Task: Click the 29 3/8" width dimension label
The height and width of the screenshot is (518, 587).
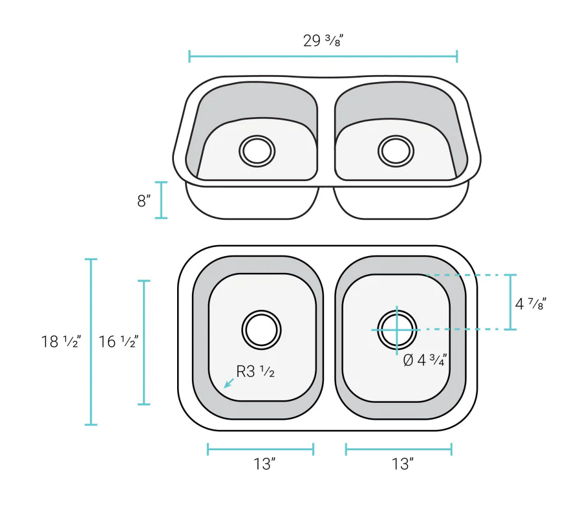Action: [323, 41]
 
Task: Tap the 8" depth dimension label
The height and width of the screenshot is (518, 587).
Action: [144, 200]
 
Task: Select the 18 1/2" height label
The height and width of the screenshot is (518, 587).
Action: [61, 341]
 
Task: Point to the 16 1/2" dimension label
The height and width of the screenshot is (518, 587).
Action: [118, 341]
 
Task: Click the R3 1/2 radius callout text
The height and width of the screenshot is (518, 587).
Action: [255, 372]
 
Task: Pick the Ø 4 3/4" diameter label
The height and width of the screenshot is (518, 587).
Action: [425, 360]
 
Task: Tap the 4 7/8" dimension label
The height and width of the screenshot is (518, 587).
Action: [531, 304]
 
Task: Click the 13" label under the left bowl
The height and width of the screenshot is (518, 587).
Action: [264, 464]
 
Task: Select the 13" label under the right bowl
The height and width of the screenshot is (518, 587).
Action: [403, 464]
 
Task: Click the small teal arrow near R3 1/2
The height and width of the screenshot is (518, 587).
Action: [229, 383]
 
